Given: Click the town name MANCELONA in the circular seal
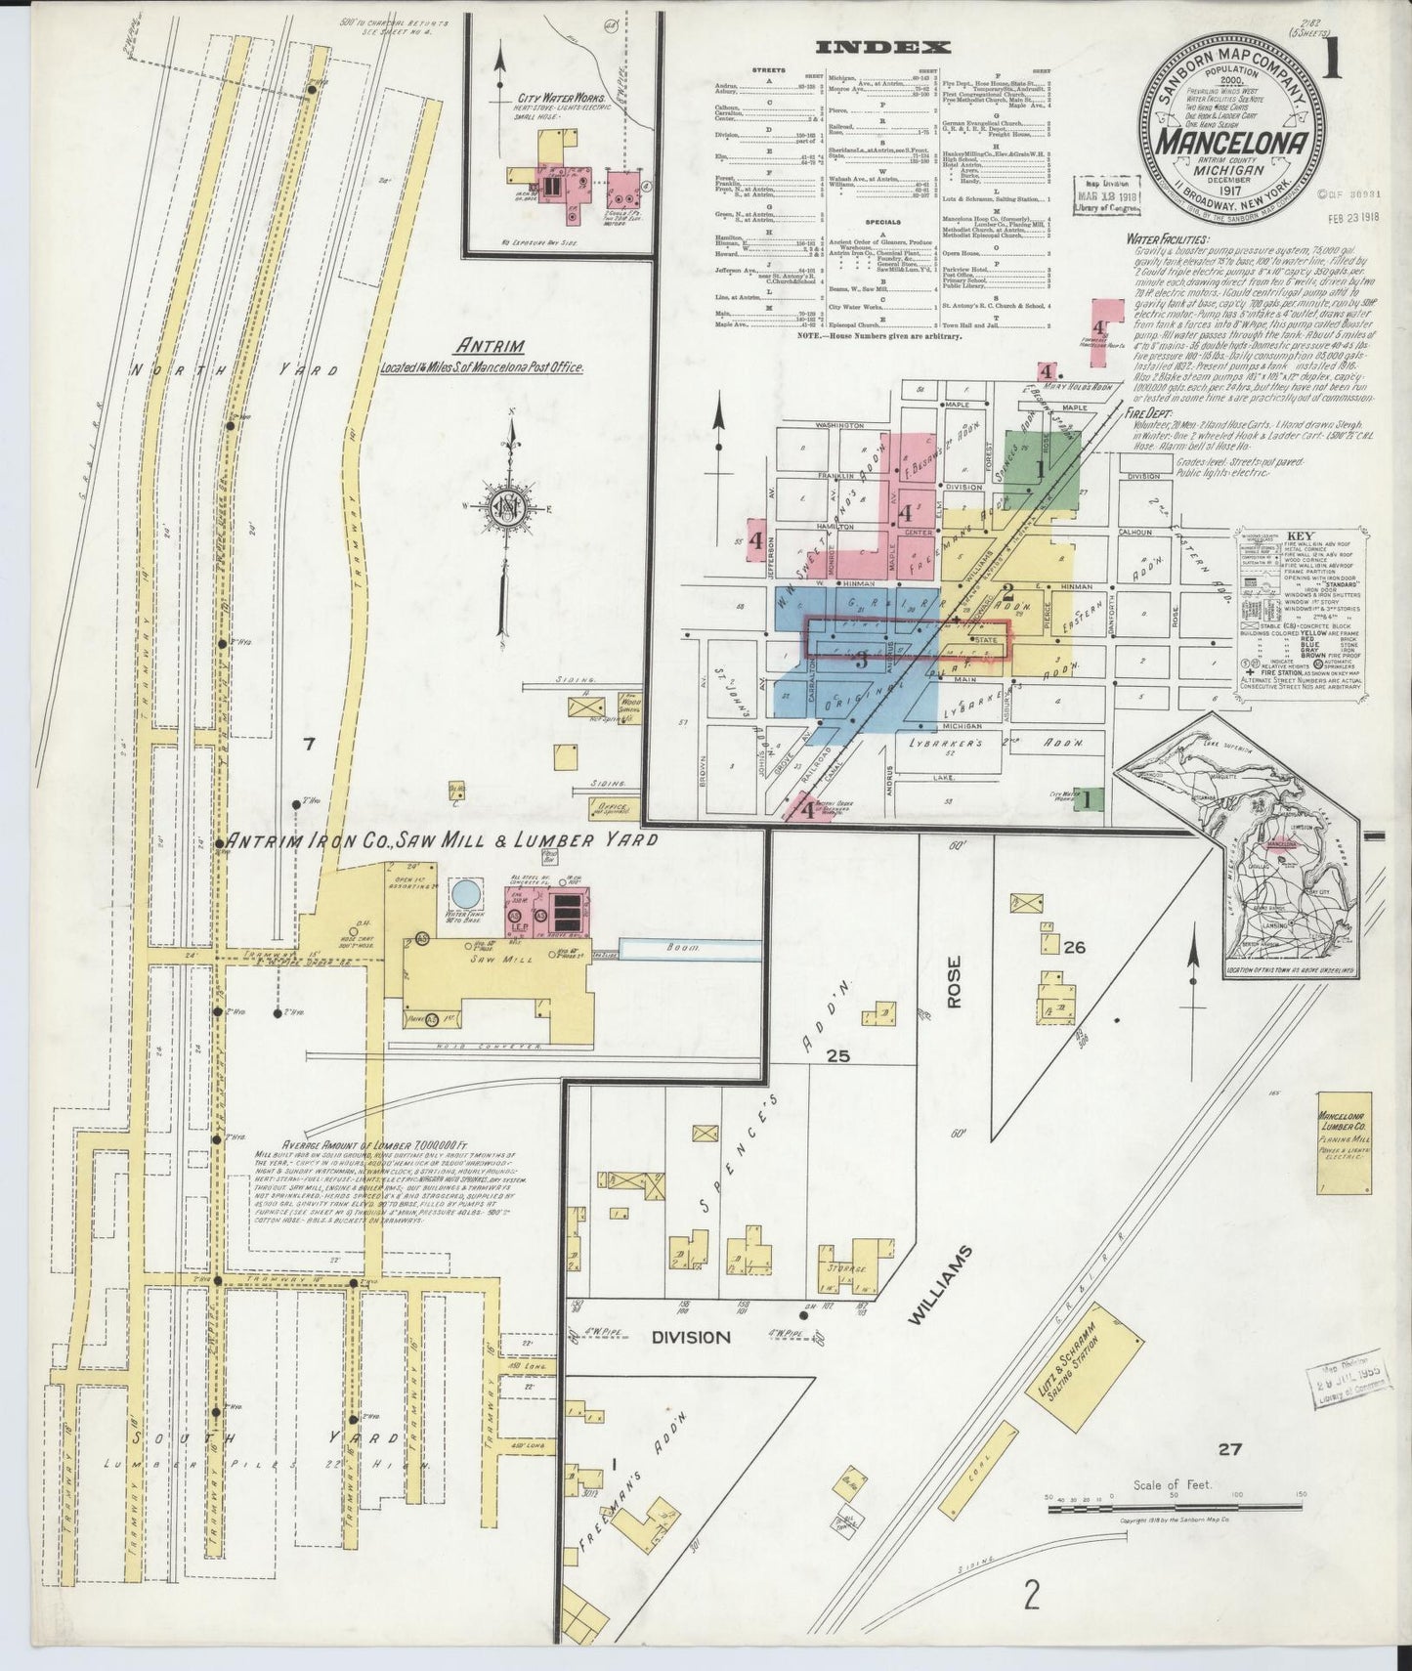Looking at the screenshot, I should pos(1235,144).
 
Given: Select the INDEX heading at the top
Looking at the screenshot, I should pos(883,46).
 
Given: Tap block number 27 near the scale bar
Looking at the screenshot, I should pos(1229,1449).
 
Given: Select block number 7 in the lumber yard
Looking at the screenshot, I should pos(309,745).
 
